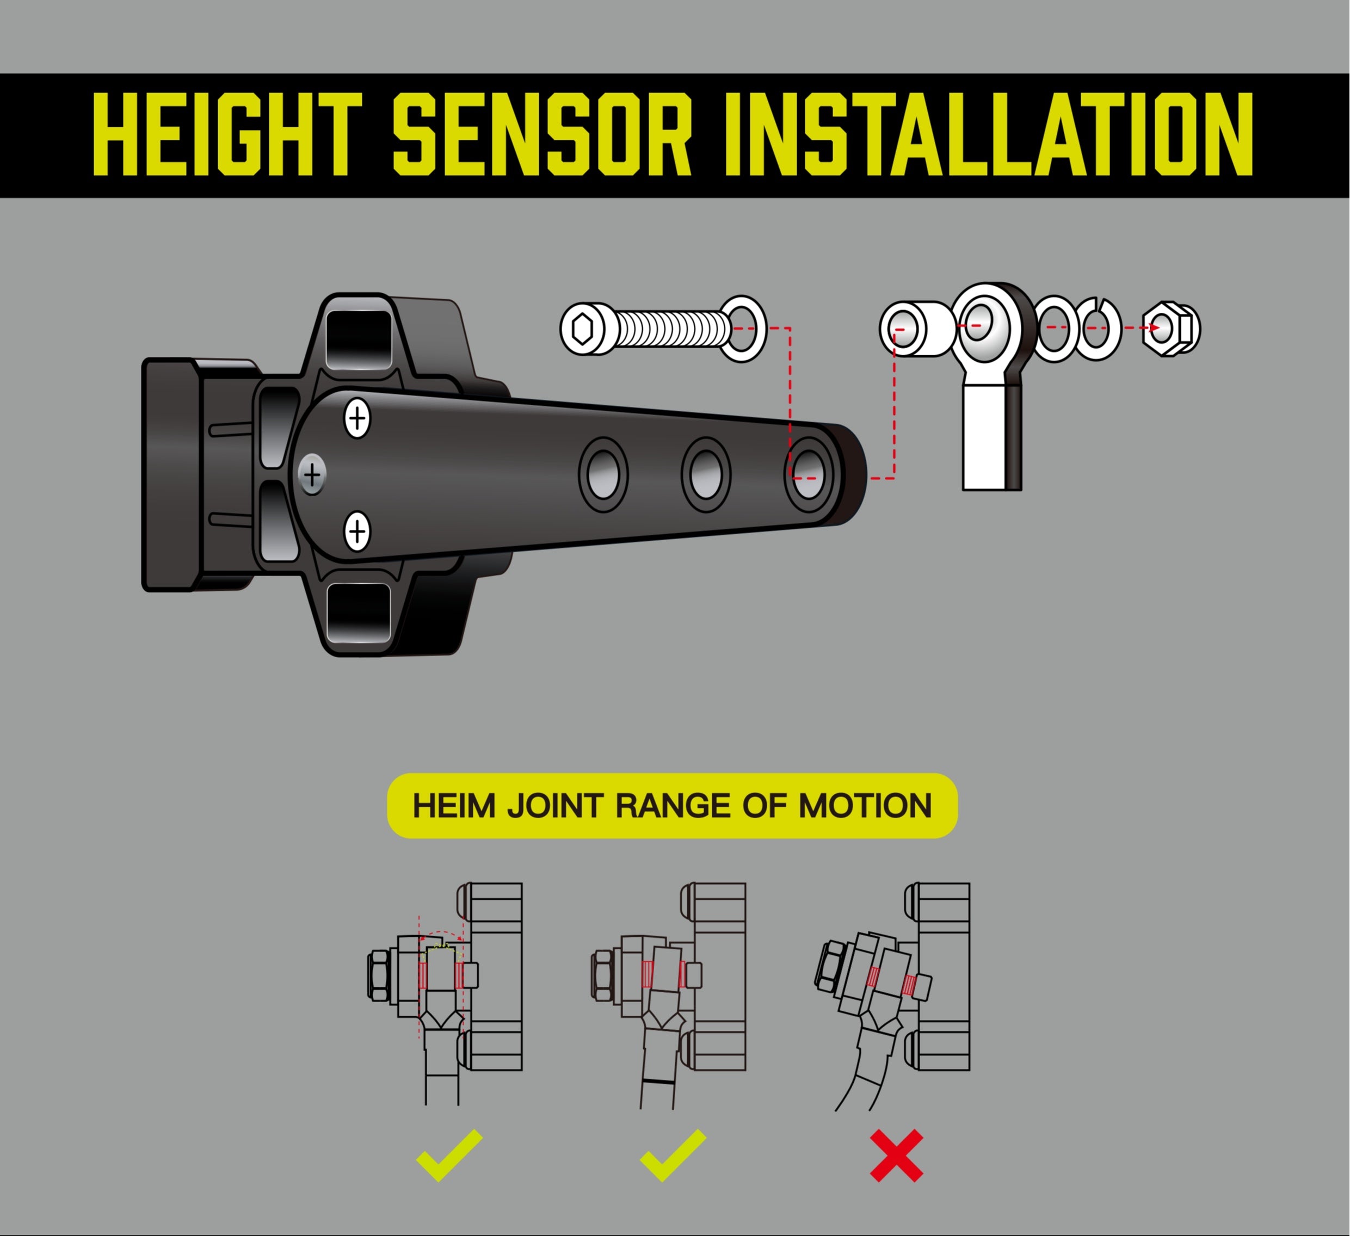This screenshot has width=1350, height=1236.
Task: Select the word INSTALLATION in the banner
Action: [x=989, y=134]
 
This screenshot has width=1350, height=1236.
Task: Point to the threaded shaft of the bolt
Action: [x=670, y=329]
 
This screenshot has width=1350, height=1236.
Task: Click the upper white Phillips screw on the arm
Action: [x=357, y=418]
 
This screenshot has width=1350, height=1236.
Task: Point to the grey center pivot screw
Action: [x=312, y=475]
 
